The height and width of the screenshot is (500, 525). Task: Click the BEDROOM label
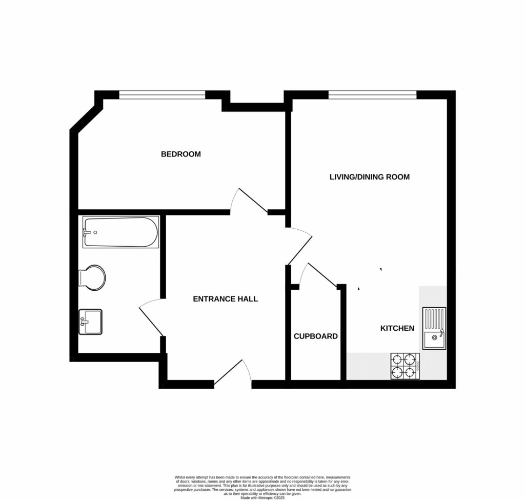click(180, 154)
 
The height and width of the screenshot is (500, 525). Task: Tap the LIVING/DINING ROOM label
click(369, 177)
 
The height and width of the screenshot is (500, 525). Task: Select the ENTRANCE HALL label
click(225, 299)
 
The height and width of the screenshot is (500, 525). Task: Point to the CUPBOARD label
click(315, 336)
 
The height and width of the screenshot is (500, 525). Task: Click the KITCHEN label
click(397, 328)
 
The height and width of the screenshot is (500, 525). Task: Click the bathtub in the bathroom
click(121, 232)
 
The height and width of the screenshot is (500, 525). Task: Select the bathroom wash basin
click(90, 322)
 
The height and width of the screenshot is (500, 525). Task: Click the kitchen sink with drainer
click(434, 328)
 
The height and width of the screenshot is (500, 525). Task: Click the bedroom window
click(162, 94)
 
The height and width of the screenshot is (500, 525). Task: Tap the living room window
click(372, 94)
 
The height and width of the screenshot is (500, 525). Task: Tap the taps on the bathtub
click(89, 232)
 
